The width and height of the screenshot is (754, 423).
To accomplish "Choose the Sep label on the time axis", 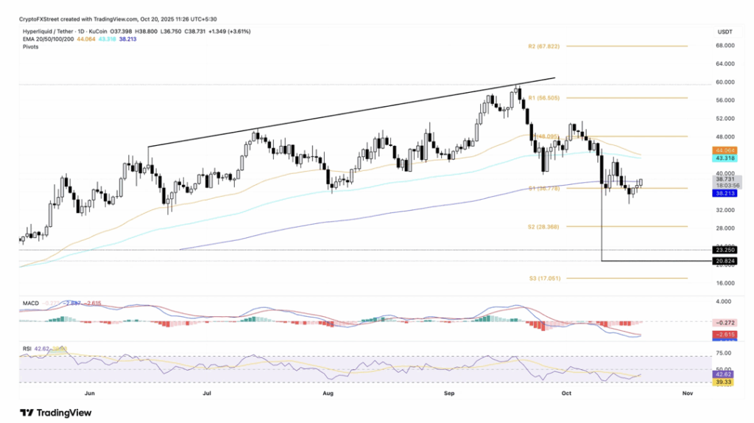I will coord(448,394).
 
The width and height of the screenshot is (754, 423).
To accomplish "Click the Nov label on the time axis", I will coord(688,394).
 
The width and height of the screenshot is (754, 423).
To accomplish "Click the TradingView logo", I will coord(56,413).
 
